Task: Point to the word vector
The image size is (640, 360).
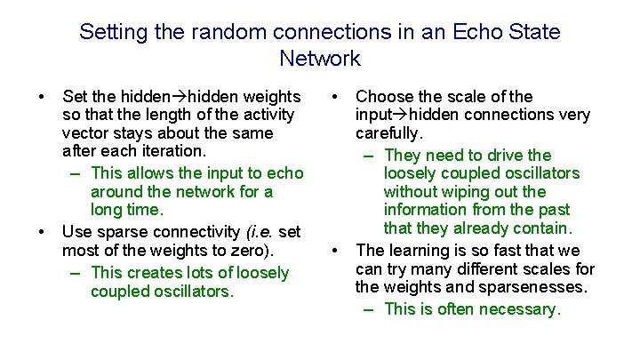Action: click(x=88, y=133)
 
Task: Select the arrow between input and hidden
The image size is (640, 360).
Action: click(x=399, y=115)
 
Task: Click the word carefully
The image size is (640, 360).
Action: click(x=388, y=133)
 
